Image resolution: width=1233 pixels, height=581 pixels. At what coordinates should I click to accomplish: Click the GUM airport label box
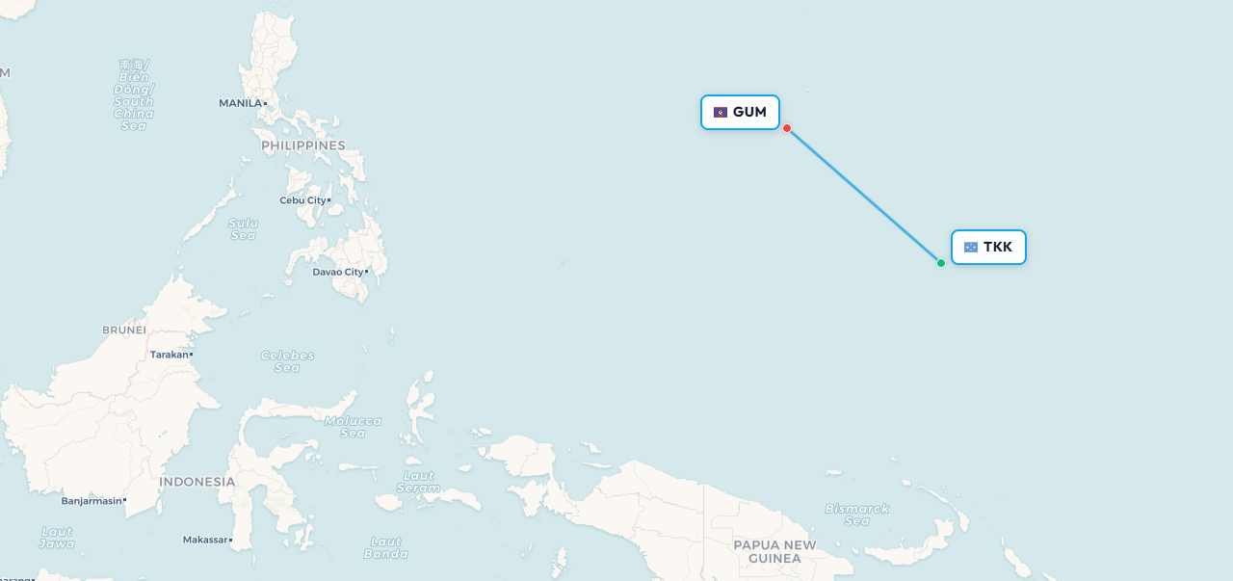click(x=740, y=113)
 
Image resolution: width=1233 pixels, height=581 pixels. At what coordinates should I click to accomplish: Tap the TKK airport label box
click(x=988, y=248)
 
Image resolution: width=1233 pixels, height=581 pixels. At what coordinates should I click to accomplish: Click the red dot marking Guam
click(x=787, y=128)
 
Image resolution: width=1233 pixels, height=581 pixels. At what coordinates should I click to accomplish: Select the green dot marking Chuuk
click(x=941, y=263)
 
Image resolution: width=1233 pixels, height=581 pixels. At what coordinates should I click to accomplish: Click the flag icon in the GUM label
click(x=721, y=113)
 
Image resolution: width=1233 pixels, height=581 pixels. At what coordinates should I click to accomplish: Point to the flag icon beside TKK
click(x=970, y=248)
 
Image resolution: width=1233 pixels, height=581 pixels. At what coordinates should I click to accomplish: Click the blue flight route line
click(x=864, y=196)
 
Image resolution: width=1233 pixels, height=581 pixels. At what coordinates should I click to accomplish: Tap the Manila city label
click(x=241, y=103)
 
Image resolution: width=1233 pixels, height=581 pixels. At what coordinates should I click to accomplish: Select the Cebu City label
click(x=302, y=200)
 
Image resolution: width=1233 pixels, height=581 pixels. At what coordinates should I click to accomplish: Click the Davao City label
click(x=338, y=272)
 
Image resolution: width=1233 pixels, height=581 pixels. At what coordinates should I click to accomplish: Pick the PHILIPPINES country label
click(x=302, y=145)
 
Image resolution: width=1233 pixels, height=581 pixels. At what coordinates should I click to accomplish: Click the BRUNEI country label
click(x=124, y=330)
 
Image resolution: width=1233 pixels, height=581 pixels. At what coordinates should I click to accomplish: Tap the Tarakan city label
click(x=170, y=355)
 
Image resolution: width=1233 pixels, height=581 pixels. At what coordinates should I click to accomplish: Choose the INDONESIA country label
click(x=197, y=482)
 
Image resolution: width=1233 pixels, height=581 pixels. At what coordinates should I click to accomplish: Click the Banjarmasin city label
click(x=92, y=501)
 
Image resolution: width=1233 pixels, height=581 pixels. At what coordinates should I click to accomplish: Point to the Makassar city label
click(x=205, y=540)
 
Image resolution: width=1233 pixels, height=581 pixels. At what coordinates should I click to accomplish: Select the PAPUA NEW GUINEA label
click(x=774, y=551)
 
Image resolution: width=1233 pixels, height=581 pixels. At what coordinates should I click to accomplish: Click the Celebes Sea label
click(x=287, y=361)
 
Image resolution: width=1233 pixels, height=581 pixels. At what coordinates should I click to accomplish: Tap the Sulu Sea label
click(x=243, y=228)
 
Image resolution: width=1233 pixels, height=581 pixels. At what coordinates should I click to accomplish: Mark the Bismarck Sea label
click(x=856, y=515)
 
